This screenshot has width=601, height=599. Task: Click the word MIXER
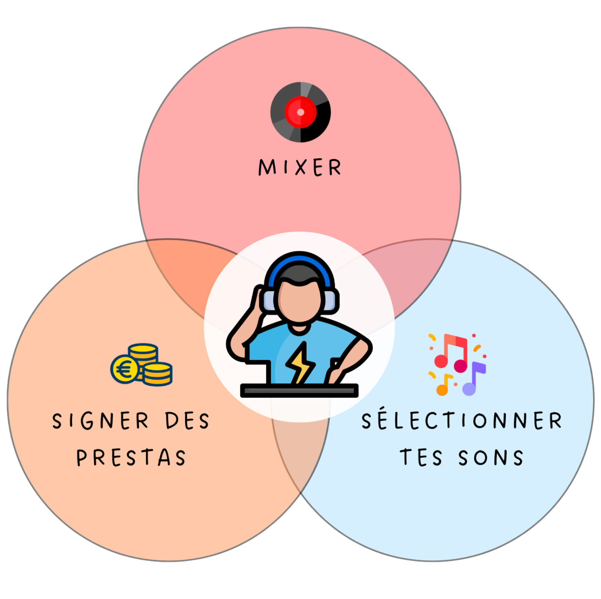[299, 167]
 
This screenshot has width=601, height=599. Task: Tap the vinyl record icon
[300, 112]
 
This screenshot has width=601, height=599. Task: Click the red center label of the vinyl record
[300, 112]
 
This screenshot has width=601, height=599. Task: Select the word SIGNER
[101, 421]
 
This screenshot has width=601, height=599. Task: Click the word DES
[187, 421]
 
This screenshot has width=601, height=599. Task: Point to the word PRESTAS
[131, 457]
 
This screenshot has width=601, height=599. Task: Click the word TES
[421, 457]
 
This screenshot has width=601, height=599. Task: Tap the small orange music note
[443, 386]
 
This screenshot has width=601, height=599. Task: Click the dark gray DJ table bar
[299, 391]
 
